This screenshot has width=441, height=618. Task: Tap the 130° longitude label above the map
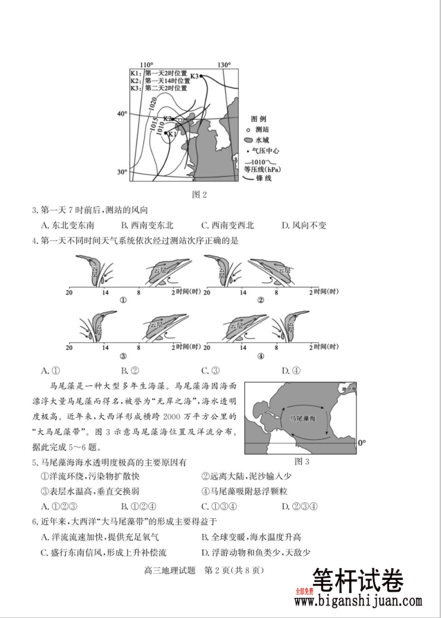pyautogui.click(x=224, y=64)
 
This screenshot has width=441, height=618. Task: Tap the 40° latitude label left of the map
pyautogui.click(x=122, y=114)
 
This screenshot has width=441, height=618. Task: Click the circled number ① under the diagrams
pyautogui.click(x=123, y=300)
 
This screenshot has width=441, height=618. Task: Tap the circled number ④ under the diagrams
pyautogui.click(x=261, y=356)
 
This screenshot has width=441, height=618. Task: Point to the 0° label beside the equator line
pyautogui.click(x=361, y=443)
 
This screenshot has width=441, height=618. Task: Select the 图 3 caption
pyautogui.click(x=301, y=461)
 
